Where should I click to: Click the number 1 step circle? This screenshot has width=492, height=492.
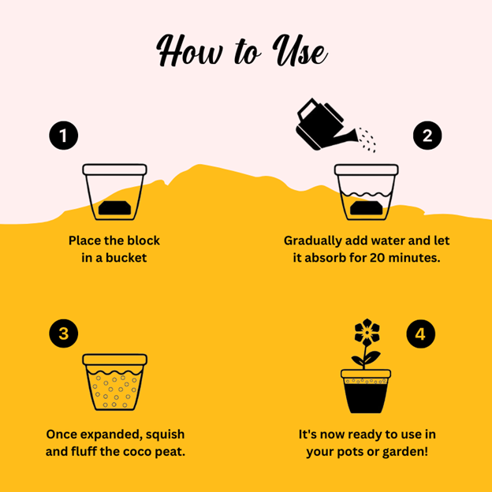point(64,136)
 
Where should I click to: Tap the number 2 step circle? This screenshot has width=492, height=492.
point(427,136)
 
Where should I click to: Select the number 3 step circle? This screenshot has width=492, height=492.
point(64,334)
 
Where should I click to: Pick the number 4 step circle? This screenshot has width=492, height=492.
point(420,334)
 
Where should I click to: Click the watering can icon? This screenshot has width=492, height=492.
point(326,125)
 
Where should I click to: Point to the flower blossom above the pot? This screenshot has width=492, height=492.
point(367,332)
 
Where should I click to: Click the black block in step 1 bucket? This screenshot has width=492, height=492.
point(114,207)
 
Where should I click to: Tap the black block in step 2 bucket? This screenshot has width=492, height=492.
point(366,208)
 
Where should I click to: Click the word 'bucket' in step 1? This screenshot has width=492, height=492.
point(126,258)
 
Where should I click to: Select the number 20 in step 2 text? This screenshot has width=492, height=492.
point(378,258)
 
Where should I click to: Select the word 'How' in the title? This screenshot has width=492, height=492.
point(189,50)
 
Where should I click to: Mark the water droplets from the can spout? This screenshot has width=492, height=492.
point(367,140)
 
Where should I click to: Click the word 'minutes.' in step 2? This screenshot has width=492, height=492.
point(414,258)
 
